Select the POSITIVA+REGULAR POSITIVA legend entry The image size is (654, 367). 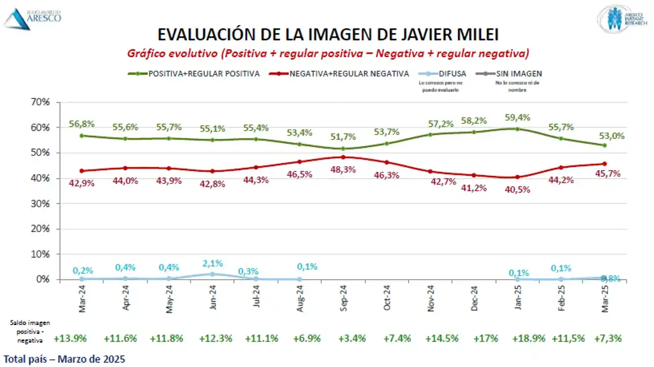[x=194, y=74]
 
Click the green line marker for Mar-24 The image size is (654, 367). [x=82, y=136]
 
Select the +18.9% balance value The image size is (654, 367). [x=529, y=338]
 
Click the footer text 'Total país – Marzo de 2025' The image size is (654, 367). [x=64, y=358]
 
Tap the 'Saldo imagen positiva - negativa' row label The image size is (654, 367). [x=29, y=330]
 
